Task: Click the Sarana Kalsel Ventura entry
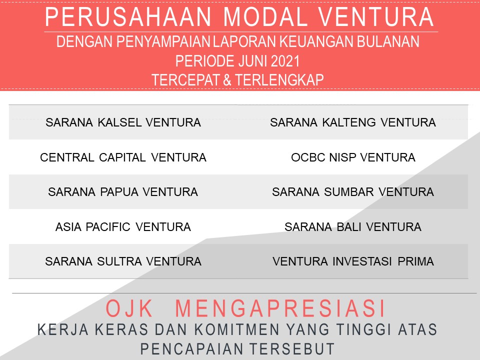(x=123, y=122)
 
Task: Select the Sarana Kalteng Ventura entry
(x=352, y=122)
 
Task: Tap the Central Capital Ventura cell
(x=123, y=157)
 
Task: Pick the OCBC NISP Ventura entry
(x=353, y=157)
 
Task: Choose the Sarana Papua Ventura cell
(x=123, y=192)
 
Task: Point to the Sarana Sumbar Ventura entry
(x=353, y=192)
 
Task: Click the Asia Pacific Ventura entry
(x=123, y=227)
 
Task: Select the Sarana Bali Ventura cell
(x=353, y=227)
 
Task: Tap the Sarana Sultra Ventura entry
(x=123, y=261)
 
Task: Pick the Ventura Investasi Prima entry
(x=353, y=261)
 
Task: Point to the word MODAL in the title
(x=265, y=17)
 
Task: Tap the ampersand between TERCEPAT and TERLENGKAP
(x=227, y=80)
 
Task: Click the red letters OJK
(x=129, y=308)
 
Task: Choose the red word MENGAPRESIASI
(x=280, y=308)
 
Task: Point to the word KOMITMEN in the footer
(x=237, y=329)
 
